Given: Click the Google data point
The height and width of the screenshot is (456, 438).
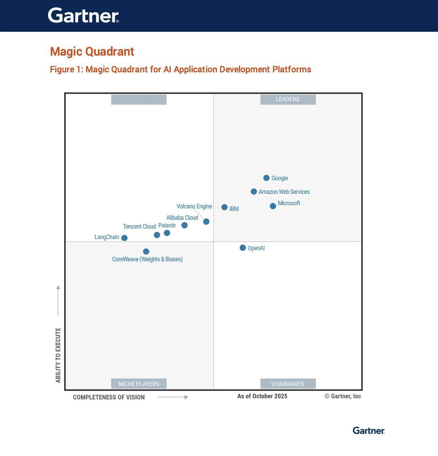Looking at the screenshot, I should [x=266, y=178].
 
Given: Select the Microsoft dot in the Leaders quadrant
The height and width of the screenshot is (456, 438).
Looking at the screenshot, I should [x=273, y=206].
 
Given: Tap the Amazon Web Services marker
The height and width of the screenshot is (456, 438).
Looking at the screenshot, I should [x=254, y=192].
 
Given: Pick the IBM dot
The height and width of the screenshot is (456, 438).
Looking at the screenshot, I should [x=224, y=207].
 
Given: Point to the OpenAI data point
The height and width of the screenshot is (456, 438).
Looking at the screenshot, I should [x=243, y=248].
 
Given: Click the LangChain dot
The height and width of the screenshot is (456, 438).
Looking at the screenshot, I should [x=124, y=238].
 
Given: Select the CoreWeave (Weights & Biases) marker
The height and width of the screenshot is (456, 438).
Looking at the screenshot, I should [x=146, y=252].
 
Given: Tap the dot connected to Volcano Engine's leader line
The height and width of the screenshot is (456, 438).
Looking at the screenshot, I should [x=206, y=222].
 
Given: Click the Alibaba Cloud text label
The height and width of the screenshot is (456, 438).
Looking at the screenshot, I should [x=182, y=218].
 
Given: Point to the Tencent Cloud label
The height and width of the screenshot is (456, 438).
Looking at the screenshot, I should [x=139, y=227].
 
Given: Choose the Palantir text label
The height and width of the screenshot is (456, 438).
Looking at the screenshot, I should [x=167, y=226].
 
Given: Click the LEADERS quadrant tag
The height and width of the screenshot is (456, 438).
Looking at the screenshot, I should [x=288, y=99].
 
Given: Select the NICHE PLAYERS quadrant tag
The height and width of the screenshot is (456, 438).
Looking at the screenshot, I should [x=139, y=384].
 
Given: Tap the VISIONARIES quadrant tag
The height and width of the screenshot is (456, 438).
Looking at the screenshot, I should [x=288, y=384].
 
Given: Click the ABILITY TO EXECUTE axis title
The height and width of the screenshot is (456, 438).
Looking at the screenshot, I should [x=58, y=355].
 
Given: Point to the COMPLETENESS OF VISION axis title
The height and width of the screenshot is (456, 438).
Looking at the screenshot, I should [x=109, y=397].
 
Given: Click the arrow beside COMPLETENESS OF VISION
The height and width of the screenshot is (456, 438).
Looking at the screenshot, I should [x=173, y=397].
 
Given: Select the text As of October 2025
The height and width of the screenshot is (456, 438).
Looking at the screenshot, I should [x=262, y=396].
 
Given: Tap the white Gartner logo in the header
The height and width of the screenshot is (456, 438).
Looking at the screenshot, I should [x=83, y=15].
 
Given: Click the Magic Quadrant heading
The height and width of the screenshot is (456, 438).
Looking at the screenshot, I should [x=92, y=51].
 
